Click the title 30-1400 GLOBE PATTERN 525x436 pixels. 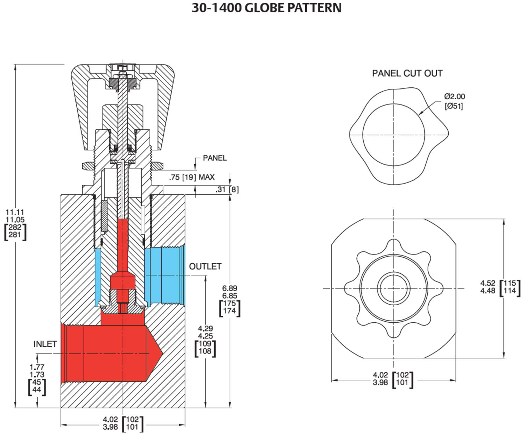[x=266, y=8]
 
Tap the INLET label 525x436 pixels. [x=45, y=344]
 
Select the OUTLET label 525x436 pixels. [x=205, y=266]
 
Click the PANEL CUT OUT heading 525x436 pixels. [x=407, y=73]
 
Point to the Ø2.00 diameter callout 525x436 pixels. [x=454, y=97]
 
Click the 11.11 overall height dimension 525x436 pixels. [x=15, y=212]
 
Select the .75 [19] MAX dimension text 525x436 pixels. [x=191, y=177]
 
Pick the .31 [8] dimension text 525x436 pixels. [x=227, y=190]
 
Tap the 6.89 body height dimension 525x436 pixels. [x=230, y=288]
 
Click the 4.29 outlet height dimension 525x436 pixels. [x=205, y=329]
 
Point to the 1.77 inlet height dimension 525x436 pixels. [x=37, y=367]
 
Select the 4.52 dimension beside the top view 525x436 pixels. [x=488, y=283]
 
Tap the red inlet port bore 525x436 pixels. [x=105, y=353]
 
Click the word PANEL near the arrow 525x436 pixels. [x=215, y=158]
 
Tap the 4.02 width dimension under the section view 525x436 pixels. [x=110, y=419]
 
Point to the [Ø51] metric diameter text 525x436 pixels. [x=454, y=106]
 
